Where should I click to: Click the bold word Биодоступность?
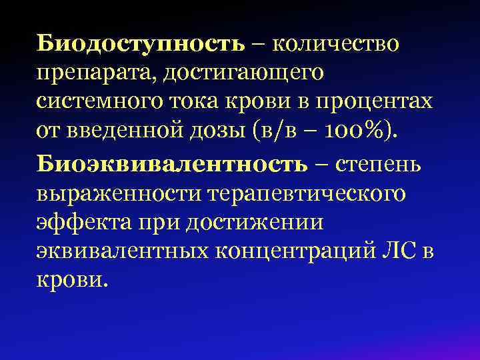tap(141, 43)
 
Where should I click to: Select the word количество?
tap(336, 43)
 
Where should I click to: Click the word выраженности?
tap(119, 193)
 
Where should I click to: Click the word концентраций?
tap(293, 251)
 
